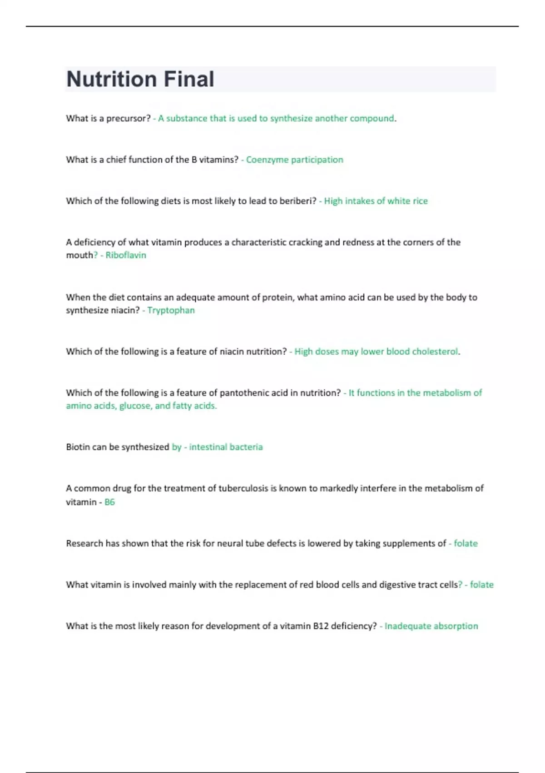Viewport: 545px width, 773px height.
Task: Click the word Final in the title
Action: [188, 79]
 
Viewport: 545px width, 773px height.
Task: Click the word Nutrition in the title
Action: [112, 79]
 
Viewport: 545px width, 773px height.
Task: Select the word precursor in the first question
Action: [128, 119]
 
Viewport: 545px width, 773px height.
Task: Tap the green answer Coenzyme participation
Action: [294, 160]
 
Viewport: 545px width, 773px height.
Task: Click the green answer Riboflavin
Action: [126, 255]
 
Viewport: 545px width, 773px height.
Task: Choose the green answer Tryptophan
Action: [171, 310]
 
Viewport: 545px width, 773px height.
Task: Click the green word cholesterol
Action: [435, 351]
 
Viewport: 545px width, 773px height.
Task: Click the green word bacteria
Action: [245, 447]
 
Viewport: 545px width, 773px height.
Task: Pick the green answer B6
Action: [109, 502]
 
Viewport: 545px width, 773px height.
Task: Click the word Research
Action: [84, 543]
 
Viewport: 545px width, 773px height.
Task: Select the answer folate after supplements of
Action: [466, 543]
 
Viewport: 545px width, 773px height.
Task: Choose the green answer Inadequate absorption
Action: [431, 626]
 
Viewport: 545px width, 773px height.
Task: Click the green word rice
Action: [420, 201]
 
